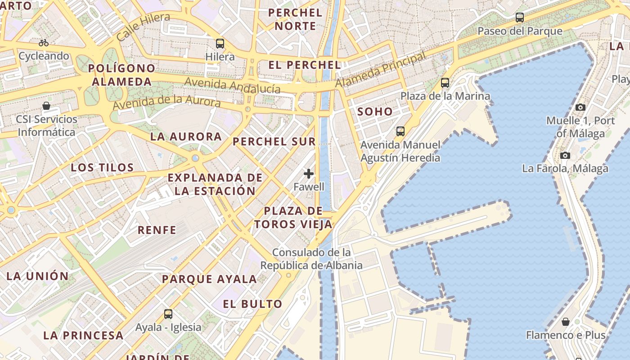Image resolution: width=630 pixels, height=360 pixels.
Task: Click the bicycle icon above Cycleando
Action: [44, 43]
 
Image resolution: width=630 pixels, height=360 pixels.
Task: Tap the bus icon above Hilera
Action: [220, 44]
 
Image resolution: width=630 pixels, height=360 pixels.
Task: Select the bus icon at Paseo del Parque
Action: [520, 18]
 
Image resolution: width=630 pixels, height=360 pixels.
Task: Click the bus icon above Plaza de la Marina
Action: [445, 83]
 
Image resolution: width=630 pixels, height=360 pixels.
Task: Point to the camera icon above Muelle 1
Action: [580, 107]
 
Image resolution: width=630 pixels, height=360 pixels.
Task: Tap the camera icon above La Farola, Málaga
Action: [565, 156]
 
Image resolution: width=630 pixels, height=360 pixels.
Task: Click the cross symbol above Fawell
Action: [309, 174]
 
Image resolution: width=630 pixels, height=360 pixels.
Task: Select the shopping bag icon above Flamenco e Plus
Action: [566, 322]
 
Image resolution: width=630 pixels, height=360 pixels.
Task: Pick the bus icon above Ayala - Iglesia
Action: [168, 314]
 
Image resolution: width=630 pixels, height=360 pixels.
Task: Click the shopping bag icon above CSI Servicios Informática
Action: [46, 106]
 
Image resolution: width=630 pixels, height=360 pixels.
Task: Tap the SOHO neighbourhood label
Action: [375, 112]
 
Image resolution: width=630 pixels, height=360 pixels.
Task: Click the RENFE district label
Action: [157, 230]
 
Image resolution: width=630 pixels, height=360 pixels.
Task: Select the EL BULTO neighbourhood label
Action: [253, 304]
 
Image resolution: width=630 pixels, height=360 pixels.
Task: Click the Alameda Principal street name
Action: [381, 70]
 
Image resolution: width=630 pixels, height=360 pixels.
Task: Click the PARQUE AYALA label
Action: [210, 279]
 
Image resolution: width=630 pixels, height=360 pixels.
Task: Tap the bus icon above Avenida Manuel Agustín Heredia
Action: [400, 131]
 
